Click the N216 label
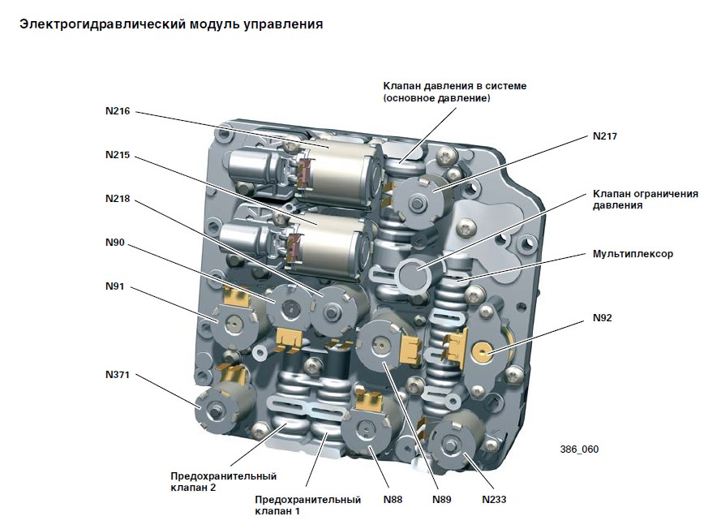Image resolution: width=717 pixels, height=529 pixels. coord(118,111)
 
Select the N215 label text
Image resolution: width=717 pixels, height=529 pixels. coord(118,155)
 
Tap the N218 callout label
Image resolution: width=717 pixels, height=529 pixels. coord(118,199)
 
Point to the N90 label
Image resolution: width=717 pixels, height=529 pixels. coord(115,243)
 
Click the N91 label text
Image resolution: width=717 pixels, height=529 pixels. coord(115,286)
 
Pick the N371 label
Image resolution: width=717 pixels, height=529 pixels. coord(118,375)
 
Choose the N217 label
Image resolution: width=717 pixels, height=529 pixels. coord(605,136)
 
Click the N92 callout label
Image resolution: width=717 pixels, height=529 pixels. coord(602,318)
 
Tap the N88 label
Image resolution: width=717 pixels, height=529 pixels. coord(393,499)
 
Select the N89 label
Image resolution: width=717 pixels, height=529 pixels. coord(442,499)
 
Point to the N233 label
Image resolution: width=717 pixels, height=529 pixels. coord(494,499)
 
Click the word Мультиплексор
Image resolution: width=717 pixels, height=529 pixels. coord(633,254)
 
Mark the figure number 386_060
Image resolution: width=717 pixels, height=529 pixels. coord(579,449)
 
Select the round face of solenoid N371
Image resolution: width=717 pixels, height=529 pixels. coord(216,411)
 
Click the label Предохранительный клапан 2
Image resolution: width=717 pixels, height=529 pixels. coord(224,482)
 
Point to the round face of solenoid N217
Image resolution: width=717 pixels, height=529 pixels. coord(418,201)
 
